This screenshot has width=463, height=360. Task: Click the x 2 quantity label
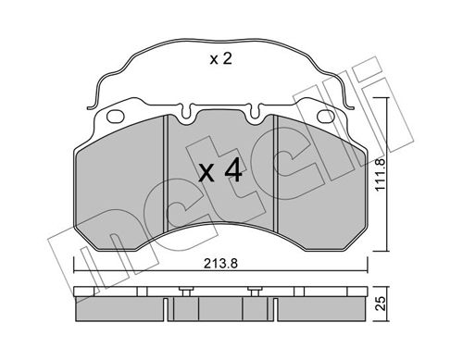(220, 58)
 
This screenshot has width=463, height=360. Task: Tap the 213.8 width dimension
(220, 264)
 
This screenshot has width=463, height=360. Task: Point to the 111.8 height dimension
(381, 174)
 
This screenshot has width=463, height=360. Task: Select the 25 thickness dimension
(382, 304)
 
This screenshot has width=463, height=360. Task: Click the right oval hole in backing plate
(326, 116)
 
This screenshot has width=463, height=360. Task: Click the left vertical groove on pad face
(165, 173)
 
